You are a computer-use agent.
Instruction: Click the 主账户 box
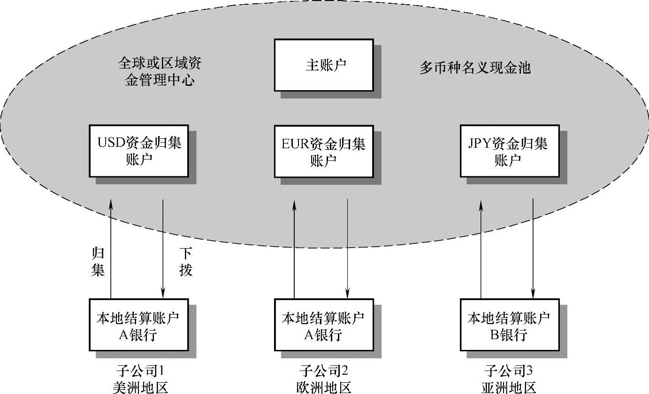pos(324,65)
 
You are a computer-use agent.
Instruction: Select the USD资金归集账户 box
pos(139,151)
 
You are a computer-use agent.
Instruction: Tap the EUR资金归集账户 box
pos(324,151)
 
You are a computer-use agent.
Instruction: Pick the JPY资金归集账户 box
pos(509,151)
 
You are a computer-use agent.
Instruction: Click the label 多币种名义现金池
pos(474,68)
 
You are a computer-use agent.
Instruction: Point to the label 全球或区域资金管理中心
pos(160,72)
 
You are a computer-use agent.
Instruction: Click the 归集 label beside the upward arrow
pos(98,263)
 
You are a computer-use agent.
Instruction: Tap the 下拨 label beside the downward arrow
pos(186,263)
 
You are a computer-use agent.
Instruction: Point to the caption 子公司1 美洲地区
pos(140,379)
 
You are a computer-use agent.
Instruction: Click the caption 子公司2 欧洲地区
pos(324,379)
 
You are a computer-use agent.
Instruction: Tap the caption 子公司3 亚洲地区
pos(509,379)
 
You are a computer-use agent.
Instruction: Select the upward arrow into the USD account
pos(111,249)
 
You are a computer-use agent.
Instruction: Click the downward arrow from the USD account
pos(163,249)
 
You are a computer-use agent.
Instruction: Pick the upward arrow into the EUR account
pos(294,249)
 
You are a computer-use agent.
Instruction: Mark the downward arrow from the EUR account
pos(347,249)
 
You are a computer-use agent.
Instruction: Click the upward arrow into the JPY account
pos(481,249)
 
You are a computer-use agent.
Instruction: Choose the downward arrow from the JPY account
pos(533,249)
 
